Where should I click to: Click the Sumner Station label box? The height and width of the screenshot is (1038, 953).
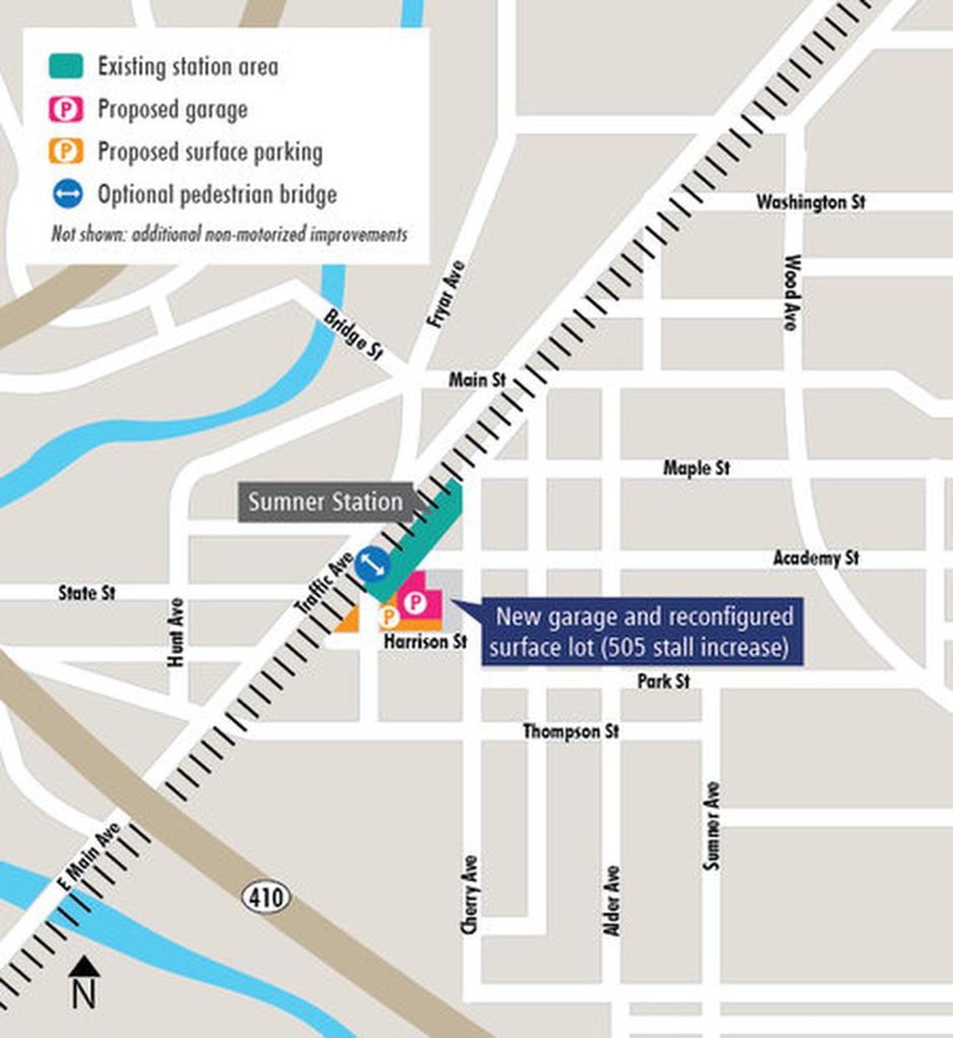click(325, 502)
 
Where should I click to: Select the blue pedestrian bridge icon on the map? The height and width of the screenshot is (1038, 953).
click(372, 565)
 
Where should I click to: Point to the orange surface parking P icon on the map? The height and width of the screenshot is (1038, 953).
click(388, 617)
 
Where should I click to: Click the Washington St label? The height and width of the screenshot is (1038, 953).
click(810, 202)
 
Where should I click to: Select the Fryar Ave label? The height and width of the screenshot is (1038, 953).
click(445, 294)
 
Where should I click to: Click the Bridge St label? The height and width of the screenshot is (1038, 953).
click(353, 335)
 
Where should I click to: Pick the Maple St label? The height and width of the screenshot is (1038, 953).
click(696, 468)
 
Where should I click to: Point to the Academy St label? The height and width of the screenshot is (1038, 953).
click(815, 558)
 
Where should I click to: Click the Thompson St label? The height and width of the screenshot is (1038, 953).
click(571, 732)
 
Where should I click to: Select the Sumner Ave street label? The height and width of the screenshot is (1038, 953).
click(711, 826)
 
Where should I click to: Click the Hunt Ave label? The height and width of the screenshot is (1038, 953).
click(176, 632)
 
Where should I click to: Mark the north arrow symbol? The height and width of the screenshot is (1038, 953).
click(84, 984)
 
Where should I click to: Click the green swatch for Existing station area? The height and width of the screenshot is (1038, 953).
click(66, 67)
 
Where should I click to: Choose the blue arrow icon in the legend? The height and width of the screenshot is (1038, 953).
click(67, 195)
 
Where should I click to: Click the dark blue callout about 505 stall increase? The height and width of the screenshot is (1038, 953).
click(641, 632)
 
